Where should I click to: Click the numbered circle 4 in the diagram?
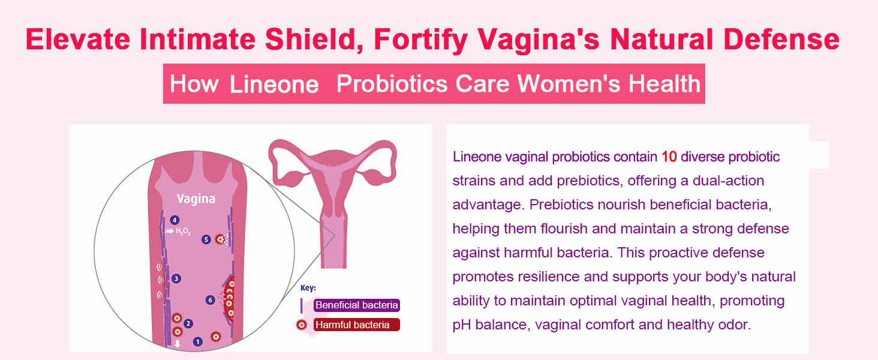(x=175, y=220)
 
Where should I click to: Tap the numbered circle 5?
(x=206, y=239)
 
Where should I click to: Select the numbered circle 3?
(x=176, y=278)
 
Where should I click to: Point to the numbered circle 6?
(x=211, y=300)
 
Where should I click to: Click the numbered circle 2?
(x=188, y=323)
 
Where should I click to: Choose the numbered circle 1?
(x=197, y=341)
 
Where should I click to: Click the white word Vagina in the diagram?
(x=196, y=199)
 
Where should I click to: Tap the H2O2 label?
(x=183, y=232)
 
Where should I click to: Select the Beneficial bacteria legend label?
(x=357, y=305)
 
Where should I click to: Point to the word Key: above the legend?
(x=308, y=288)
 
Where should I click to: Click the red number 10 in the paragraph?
(x=669, y=157)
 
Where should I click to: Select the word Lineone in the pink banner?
(x=274, y=85)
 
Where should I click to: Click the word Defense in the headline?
(x=781, y=39)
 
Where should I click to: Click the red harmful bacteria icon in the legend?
(x=302, y=325)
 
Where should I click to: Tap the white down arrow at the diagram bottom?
(x=178, y=344)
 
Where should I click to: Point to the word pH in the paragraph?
(x=462, y=325)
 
